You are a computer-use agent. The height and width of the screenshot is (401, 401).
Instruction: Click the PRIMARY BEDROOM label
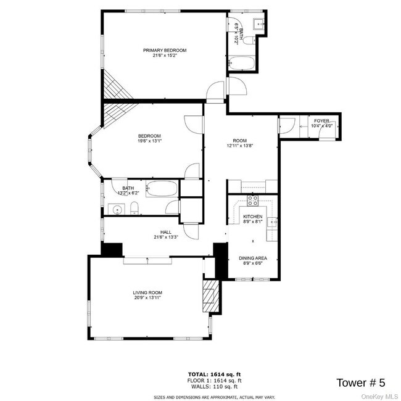pos(165,51)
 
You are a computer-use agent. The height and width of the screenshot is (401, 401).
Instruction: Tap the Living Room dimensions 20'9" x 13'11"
pos(147,298)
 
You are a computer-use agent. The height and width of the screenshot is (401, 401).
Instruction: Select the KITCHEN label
pos(253,217)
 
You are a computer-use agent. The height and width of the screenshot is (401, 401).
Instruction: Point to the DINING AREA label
pos(253,258)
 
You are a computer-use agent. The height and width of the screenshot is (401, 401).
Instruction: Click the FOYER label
pos(321,121)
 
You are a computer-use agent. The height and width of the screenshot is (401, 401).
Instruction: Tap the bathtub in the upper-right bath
pos(241,63)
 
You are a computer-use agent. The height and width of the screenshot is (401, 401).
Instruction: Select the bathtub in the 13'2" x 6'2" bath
pos(162,189)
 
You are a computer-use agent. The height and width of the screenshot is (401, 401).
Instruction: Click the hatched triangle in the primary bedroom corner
pos(119,86)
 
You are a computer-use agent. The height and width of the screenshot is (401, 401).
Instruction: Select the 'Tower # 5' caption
pos(360,382)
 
